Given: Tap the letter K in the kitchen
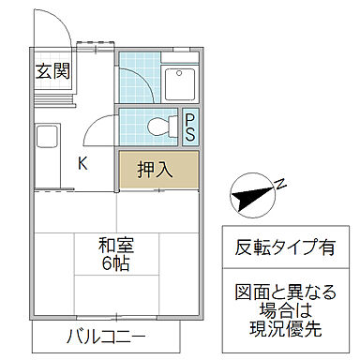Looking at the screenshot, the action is [x=82, y=164].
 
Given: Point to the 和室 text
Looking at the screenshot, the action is [x=116, y=247].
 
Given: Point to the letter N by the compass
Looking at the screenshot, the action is [x=279, y=185].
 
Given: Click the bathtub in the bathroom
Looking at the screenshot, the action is [x=180, y=84].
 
